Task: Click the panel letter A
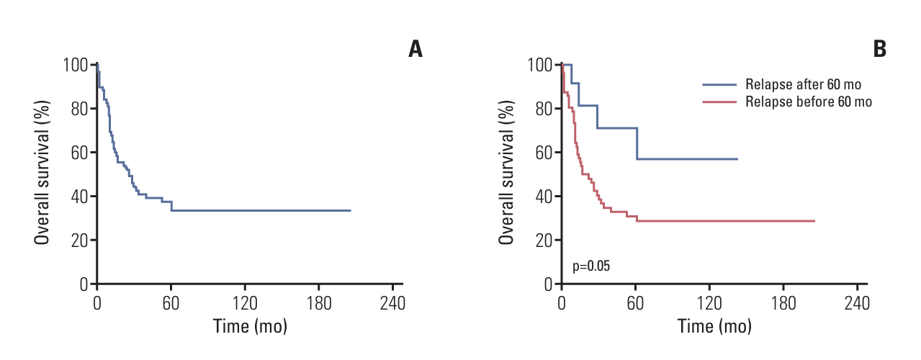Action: coord(415,49)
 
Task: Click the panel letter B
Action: coord(879,49)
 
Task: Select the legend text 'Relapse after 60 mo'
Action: coord(804,84)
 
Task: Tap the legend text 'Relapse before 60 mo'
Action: coord(809,102)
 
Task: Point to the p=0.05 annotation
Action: coord(591,266)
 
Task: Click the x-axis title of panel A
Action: coord(250,325)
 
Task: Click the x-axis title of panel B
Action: coord(714,325)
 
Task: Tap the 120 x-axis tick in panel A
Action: coord(245,302)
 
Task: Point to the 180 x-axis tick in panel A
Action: coord(319,302)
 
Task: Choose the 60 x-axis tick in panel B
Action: coord(635,302)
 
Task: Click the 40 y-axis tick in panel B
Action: coord(545,196)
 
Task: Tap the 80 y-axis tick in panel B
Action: coord(545,109)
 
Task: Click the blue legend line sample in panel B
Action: coord(719,84)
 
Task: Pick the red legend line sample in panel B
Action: coord(719,102)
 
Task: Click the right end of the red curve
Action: coord(814,221)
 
